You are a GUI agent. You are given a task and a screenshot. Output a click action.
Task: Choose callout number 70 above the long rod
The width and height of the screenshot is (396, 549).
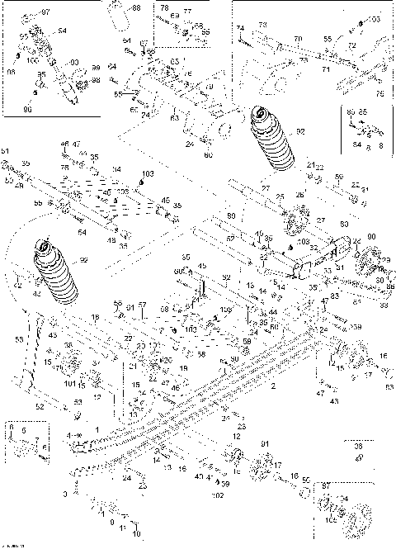(299, 39)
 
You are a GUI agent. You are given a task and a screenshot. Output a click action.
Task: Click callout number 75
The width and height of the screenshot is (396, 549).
(380, 94)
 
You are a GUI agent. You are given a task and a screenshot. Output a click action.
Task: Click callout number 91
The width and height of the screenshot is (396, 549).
(264, 445)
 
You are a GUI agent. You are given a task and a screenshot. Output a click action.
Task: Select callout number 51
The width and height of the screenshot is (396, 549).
(4, 151)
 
